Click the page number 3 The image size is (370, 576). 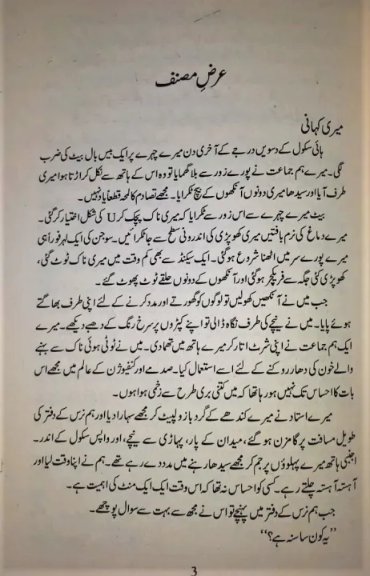click(184, 569)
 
